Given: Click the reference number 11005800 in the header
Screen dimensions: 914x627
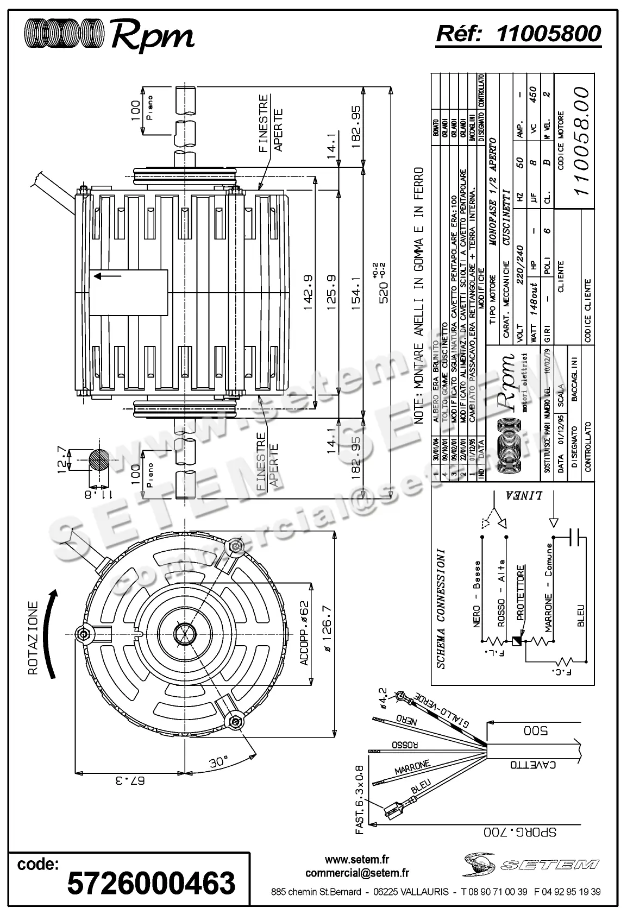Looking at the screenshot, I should coord(548,34).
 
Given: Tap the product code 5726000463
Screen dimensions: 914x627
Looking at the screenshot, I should coord(151,882).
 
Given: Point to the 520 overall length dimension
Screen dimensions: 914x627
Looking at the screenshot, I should coord(384,291).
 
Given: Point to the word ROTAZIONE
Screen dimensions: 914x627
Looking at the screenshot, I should coord(33,638).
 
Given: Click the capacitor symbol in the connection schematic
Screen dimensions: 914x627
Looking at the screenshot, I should coord(575,538).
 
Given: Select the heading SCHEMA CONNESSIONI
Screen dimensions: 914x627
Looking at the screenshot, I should coord(441,608).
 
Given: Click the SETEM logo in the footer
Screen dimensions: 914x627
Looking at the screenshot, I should coord(531,864).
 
